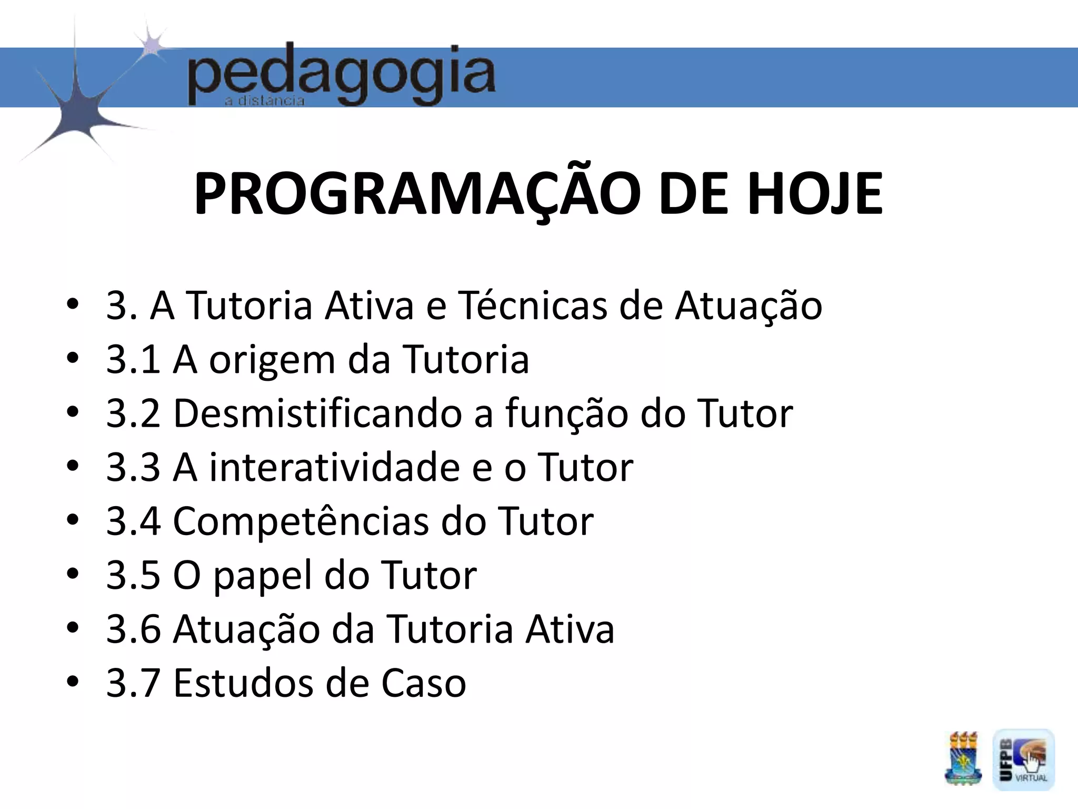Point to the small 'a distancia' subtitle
[265, 101]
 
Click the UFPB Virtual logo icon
[1023, 759]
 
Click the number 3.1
[133, 360]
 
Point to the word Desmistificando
[317, 413]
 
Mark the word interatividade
[334, 467]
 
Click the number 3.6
[133, 629]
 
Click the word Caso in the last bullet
[424, 683]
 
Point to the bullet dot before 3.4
[73, 520]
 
